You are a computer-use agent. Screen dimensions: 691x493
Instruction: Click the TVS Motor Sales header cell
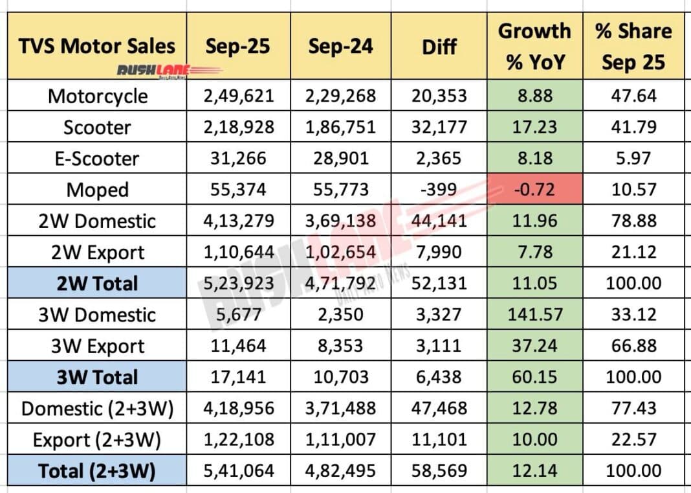97,46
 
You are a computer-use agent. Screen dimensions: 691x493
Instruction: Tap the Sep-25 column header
238,46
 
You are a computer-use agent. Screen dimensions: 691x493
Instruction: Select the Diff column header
439,47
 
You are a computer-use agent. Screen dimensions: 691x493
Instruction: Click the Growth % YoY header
535,47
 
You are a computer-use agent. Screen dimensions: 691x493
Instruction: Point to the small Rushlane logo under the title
170,71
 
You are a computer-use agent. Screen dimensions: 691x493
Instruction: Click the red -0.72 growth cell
535,189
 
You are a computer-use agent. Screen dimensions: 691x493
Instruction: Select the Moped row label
98,190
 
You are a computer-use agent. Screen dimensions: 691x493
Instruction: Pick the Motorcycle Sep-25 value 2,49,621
238,96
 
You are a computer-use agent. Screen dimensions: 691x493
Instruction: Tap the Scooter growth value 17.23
534,127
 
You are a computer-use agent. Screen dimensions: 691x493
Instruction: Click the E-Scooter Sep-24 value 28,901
341,159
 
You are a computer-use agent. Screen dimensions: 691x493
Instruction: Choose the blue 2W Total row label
97,283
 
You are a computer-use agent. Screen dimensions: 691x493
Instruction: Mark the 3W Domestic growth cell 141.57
535,314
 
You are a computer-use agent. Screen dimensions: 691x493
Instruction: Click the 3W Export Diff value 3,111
439,345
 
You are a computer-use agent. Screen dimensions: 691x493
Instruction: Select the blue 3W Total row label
97,377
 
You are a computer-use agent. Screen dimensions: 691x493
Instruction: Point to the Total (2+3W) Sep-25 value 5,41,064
238,470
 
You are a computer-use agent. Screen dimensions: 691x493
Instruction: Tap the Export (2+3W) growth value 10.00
534,439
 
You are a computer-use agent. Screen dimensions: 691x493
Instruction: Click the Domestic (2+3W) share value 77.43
633,408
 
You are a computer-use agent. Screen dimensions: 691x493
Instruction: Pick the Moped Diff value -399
439,189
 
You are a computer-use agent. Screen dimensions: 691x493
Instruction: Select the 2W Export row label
98,253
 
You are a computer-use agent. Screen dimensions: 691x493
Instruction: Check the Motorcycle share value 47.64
633,96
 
